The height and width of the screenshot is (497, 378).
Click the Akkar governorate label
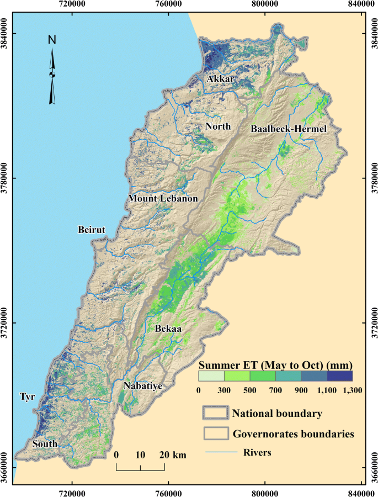pyautogui.click(x=221, y=80)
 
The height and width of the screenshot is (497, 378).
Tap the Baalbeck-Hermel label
pyautogui.click(x=289, y=129)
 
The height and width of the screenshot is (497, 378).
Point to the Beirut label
pyautogui.click(x=92, y=230)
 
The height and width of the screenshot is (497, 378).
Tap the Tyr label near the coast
pyautogui.click(x=28, y=396)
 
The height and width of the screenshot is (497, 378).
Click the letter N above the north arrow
pyautogui.click(x=52, y=40)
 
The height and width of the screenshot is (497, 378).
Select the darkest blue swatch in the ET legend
pyautogui.click(x=339, y=376)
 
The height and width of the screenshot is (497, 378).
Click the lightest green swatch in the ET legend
pyautogui.click(x=211, y=376)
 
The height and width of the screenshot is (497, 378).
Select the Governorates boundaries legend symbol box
pyautogui.click(x=215, y=434)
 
